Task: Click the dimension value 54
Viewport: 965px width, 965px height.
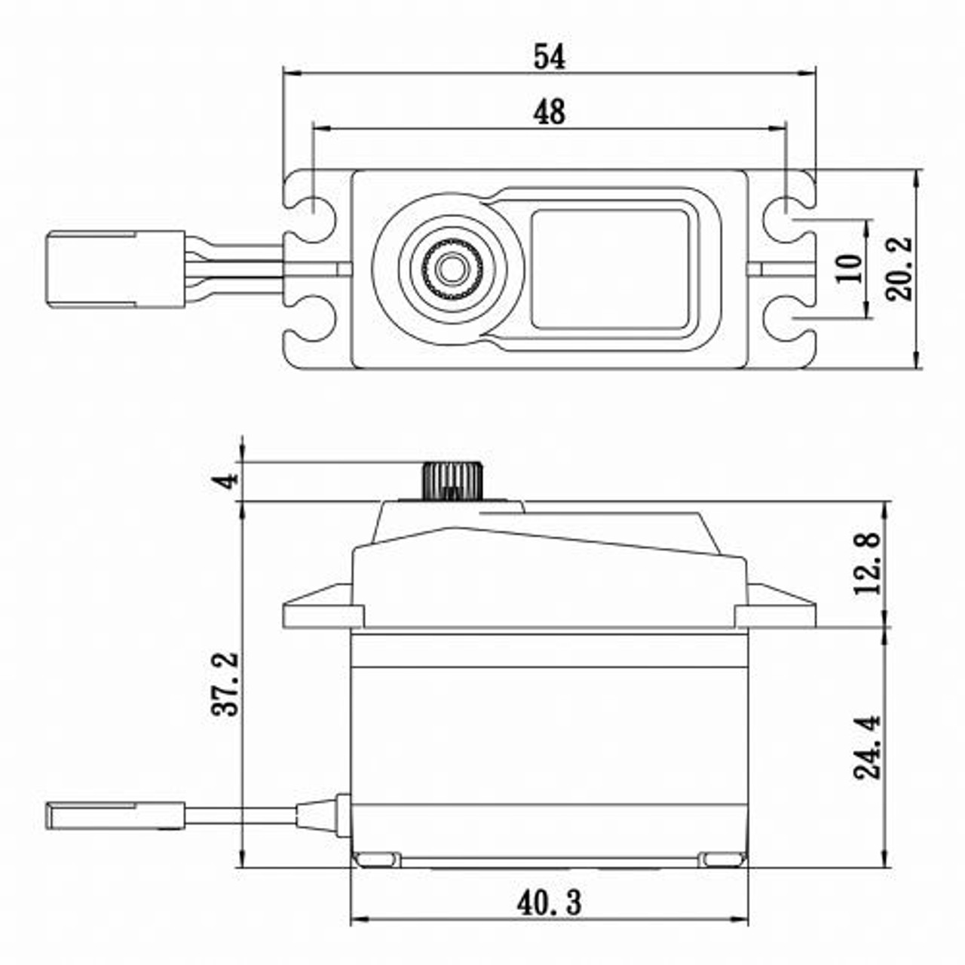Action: tap(549, 57)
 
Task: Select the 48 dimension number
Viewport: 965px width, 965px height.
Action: tap(549, 112)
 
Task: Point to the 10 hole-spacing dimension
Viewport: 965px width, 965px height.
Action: tap(849, 268)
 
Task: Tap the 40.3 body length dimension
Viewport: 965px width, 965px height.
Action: tap(549, 902)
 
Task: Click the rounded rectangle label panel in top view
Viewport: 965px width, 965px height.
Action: tap(610, 269)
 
